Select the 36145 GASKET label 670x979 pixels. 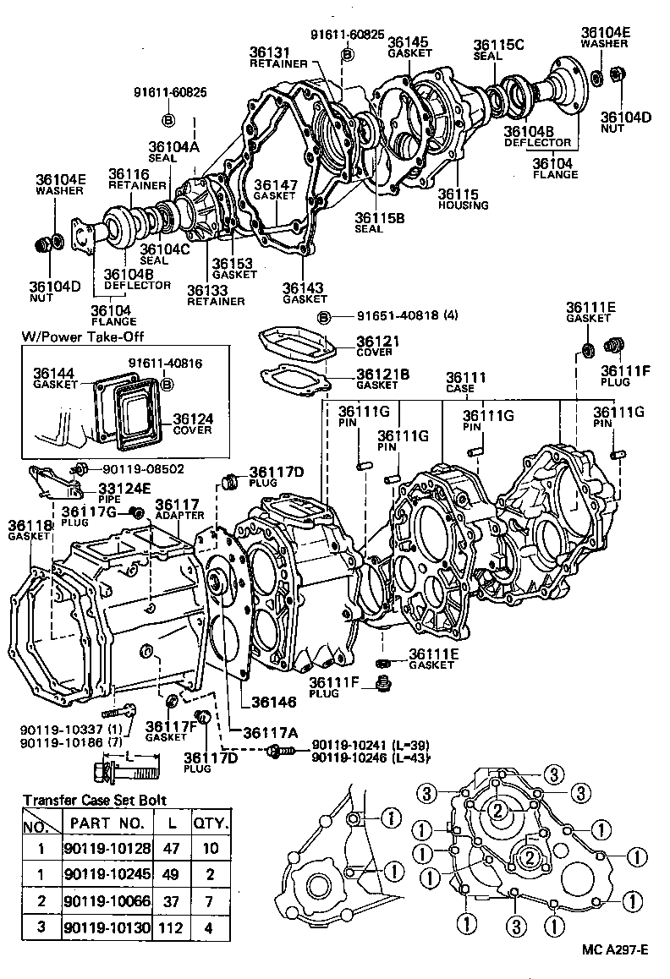click(409, 46)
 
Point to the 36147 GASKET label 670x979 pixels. click(275, 189)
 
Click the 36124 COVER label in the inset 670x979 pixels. click(193, 424)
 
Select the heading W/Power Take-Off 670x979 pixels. click(82, 336)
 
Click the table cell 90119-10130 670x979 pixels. click(107, 927)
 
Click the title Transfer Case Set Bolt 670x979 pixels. click(95, 800)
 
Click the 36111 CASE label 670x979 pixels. click(464, 382)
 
